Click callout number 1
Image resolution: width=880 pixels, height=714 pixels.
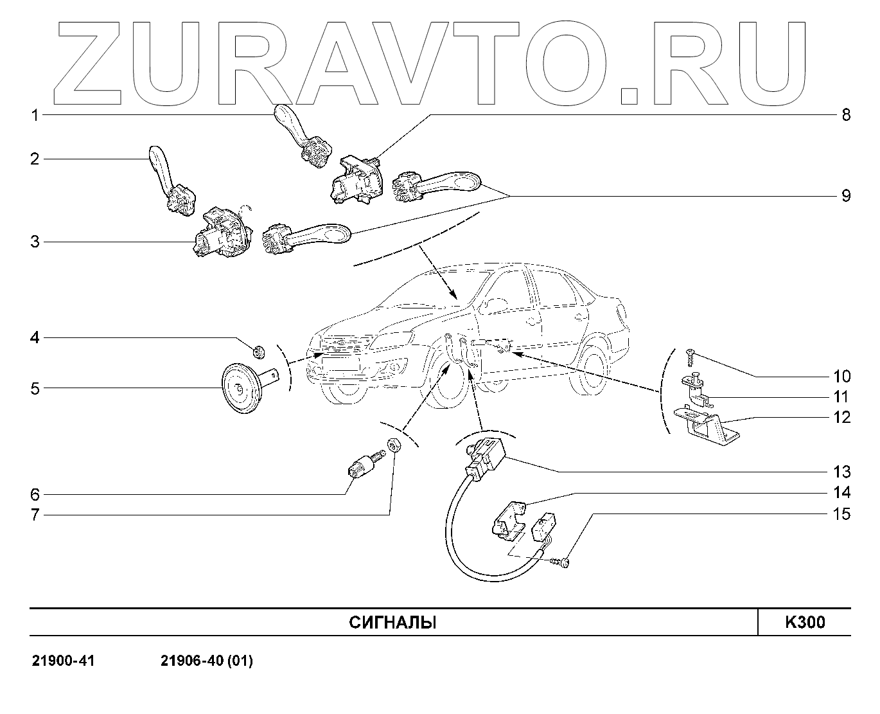pos(36,116)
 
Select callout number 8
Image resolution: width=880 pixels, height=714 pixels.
pos(845,116)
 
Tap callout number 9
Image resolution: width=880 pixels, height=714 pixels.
pos(845,195)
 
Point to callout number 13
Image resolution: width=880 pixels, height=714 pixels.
pos(841,472)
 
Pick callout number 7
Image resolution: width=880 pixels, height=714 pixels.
pos(36,515)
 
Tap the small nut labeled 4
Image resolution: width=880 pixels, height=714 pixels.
pos(259,351)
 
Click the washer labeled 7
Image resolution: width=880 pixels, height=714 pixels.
pos(394,445)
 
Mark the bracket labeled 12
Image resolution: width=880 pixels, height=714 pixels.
pos(703,425)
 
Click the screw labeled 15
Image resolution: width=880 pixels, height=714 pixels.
pos(561,562)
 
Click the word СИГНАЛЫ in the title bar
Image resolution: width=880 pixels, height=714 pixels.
pos(392,623)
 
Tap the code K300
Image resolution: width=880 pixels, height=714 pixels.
pos(804,623)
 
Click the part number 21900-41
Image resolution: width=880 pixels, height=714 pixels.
pos(63,661)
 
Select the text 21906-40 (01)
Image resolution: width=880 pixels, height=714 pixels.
pos(206,661)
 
